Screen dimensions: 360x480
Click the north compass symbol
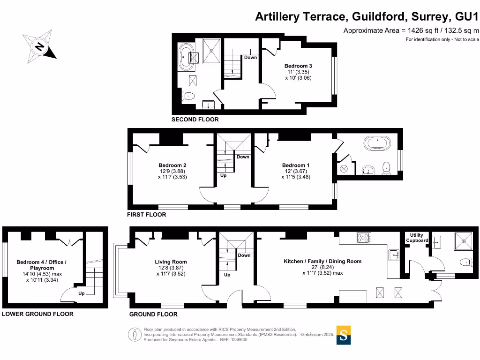point(39,46)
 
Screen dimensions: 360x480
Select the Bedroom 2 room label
point(172,165)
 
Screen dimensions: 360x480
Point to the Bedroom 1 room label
point(296,165)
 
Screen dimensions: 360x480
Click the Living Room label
point(171,262)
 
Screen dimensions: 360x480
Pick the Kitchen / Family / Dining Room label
point(322,261)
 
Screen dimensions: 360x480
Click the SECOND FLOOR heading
point(195,120)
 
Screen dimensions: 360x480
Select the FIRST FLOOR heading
point(146,215)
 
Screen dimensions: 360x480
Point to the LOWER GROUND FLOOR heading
point(37,314)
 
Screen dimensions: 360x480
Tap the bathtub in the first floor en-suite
point(377,143)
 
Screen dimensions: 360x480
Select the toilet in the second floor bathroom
point(188,97)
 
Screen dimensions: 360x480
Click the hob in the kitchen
point(363,238)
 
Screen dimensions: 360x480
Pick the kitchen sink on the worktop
point(393,255)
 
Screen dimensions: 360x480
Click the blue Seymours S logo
point(344,335)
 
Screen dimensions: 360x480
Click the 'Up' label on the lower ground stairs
point(81,294)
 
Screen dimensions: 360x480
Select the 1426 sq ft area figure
point(420,30)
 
